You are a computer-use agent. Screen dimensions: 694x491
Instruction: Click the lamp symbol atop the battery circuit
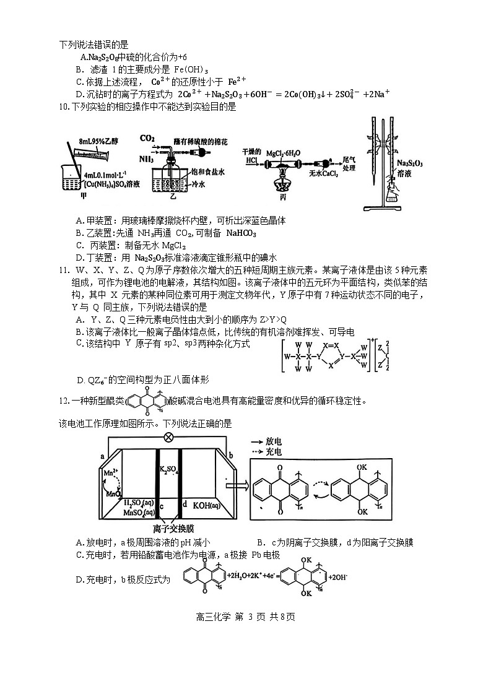[167, 436]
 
